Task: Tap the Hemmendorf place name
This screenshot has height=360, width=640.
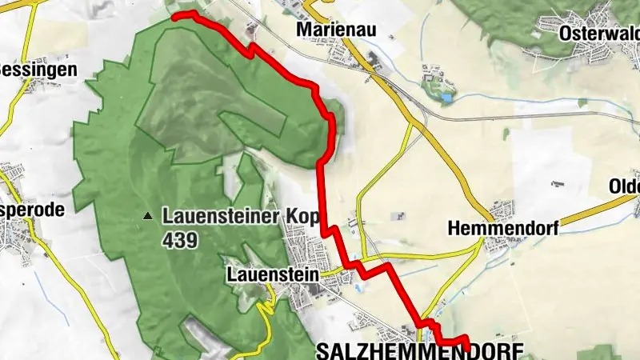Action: click(502, 228)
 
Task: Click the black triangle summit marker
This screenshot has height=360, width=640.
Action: click(147, 216)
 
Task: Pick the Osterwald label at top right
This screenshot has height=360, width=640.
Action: click(600, 33)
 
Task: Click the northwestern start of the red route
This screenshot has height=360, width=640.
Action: click(175, 15)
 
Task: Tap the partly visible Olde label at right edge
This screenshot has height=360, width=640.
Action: click(624, 186)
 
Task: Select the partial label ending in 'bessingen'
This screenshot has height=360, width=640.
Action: click(38, 70)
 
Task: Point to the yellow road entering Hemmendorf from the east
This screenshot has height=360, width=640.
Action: click(584, 211)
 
